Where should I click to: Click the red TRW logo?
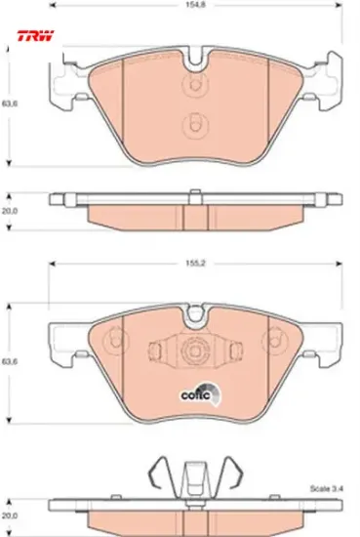[x=35, y=35]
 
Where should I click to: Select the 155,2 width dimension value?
[x=196, y=264]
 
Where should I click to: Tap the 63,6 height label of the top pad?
[x=10, y=103]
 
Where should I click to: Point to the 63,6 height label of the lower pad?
[x=10, y=361]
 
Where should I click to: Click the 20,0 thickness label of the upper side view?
[x=10, y=211]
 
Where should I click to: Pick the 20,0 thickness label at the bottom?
[x=10, y=516]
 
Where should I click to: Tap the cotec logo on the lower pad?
[x=201, y=393]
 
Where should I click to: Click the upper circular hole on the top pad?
[x=195, y=84]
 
